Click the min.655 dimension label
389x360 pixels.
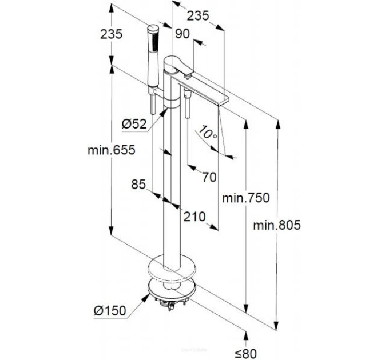pos(112,150)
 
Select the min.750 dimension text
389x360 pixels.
pos(245,198)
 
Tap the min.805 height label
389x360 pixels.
pos(277,225)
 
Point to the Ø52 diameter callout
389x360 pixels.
pos(134,124)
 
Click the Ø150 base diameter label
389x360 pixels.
pos(110,310)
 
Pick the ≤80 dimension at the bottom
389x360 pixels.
pos(245,353)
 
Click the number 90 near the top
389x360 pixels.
pos(182,34)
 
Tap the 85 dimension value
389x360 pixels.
pos(138,184)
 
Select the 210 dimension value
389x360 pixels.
pos(194,217)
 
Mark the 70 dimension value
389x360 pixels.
pos(209,177)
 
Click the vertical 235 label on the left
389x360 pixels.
pos(112,34)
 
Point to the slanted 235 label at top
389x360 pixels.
pos(198,16)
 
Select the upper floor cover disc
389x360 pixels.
pos(172,269)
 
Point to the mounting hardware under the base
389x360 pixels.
pos(171,303)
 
